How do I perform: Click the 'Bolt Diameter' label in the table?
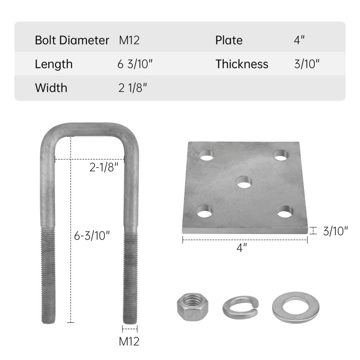[x=72, y=40]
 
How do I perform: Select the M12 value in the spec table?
[x=129, y=40]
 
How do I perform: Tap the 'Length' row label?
[x=54, y=64]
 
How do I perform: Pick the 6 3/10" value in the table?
[x=135, y=64]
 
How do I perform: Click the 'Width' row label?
[x=51, y=88]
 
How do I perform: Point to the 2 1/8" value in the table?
[x=132, y=88]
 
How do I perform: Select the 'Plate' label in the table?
[x=229, y=40]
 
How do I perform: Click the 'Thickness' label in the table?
[x=242, y=64]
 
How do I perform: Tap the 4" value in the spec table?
[x=299, y=40]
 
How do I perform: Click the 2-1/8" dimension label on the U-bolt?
[x=104, y=167]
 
